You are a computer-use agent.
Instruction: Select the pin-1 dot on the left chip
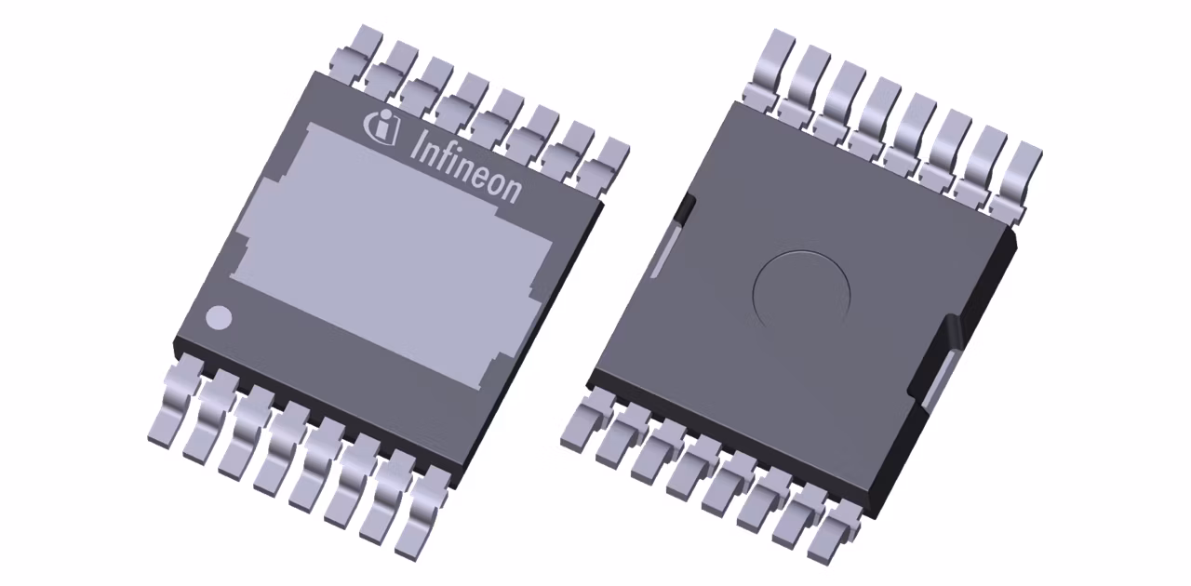tap(219, 317)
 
